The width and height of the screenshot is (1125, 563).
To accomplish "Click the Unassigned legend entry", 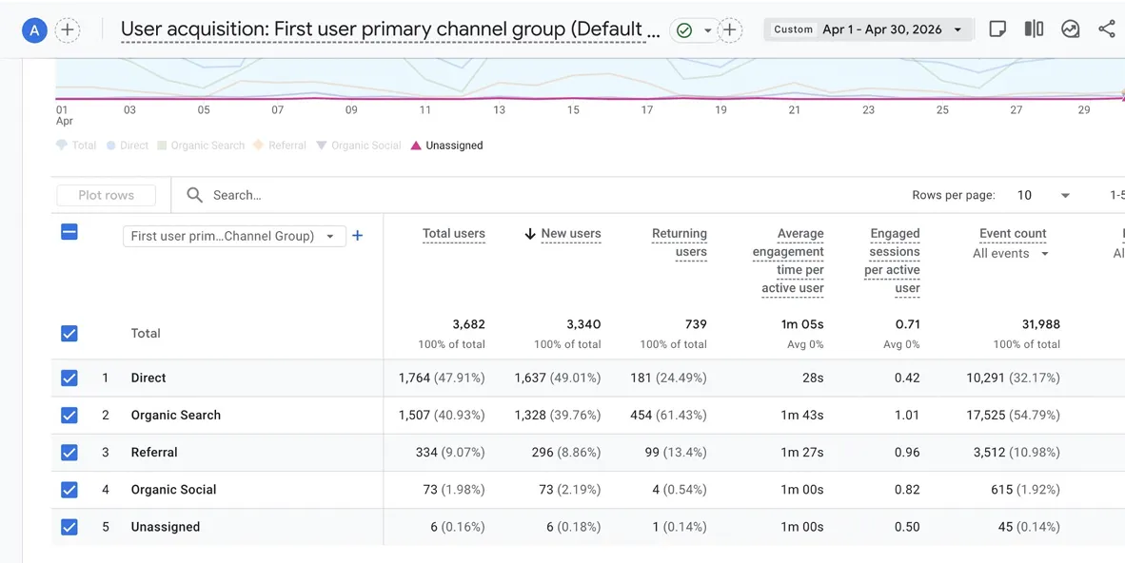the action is coord(446,146).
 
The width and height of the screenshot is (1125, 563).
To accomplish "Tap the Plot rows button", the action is coord(107,195).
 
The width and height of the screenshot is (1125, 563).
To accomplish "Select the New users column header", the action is coord(571,233).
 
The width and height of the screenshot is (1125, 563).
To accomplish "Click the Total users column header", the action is coord(453,233).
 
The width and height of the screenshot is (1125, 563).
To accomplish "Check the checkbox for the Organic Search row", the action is coord(69,416).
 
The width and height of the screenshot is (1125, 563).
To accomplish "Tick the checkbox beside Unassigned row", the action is coord(69,527).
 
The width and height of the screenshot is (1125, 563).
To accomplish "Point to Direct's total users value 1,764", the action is coord(415,378).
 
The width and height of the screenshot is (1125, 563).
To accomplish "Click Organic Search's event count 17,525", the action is coord(986,416).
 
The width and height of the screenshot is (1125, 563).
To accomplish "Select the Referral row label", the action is coord(154,453).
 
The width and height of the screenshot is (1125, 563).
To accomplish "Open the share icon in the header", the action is coord(1106,29).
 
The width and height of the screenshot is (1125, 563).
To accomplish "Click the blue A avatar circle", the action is coord(34,29).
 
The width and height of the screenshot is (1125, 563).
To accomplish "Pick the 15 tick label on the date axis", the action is coord(573,109).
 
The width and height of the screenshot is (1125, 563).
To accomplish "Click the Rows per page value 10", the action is coord(1024,195).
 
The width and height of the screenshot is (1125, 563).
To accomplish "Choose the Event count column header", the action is coord(1013,233).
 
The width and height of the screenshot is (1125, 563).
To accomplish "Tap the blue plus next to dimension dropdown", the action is coord(357,235).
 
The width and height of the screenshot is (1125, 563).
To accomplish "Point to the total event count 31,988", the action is coord(1041,324).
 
